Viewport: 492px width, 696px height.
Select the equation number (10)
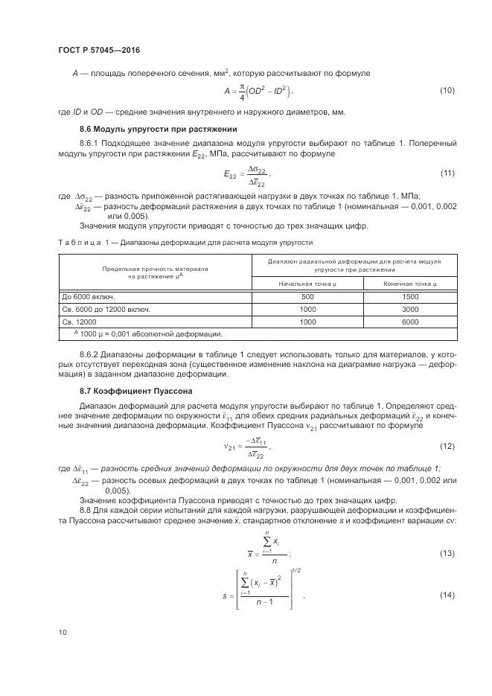447,91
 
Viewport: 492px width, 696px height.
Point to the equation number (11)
447,173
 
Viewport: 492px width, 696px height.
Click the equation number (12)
447,446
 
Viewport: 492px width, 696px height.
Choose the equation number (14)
447,596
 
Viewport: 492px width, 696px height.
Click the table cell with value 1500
409,296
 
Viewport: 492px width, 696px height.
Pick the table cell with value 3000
409,309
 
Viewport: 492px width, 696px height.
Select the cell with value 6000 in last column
409,322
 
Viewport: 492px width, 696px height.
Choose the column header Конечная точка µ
409,284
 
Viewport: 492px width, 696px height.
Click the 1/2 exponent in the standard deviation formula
294,571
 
